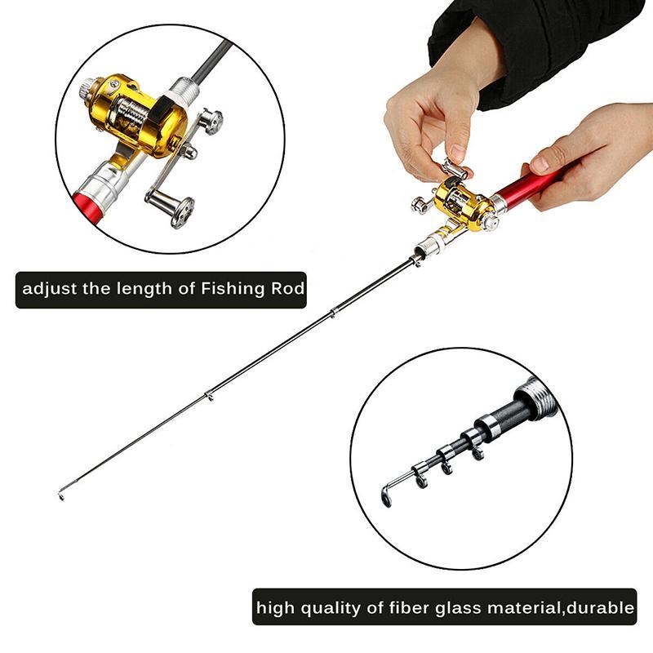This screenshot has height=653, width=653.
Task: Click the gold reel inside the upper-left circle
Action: (131, 114)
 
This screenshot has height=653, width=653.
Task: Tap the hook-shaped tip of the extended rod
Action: (62, 493)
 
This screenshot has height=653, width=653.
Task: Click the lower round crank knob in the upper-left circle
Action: (181, 211)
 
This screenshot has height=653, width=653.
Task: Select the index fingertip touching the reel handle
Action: (456, 155)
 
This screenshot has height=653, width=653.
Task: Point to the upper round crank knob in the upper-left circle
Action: (211, 122)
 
